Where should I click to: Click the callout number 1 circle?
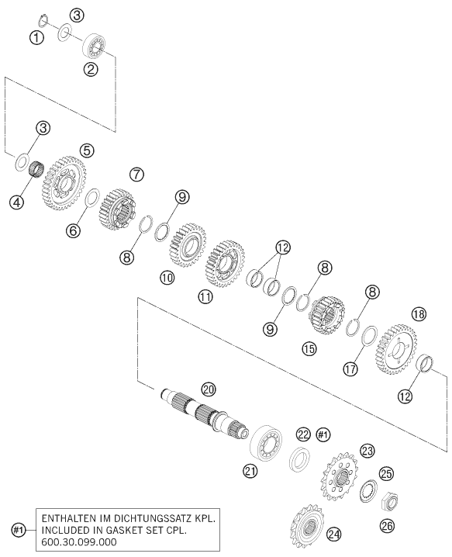36,37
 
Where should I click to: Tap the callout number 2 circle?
91,69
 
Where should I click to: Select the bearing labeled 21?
266,443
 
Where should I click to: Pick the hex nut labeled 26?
389,502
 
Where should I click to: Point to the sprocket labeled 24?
307,524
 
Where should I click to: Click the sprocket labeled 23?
340,476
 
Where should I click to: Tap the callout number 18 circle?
419,314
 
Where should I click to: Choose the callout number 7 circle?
136,175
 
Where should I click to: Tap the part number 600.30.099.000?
79,541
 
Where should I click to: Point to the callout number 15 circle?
309,349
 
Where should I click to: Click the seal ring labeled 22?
300,460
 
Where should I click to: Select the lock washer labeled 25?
367,490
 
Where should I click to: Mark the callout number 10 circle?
167,277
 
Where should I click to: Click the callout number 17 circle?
350,369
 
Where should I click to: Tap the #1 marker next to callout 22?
323,434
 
